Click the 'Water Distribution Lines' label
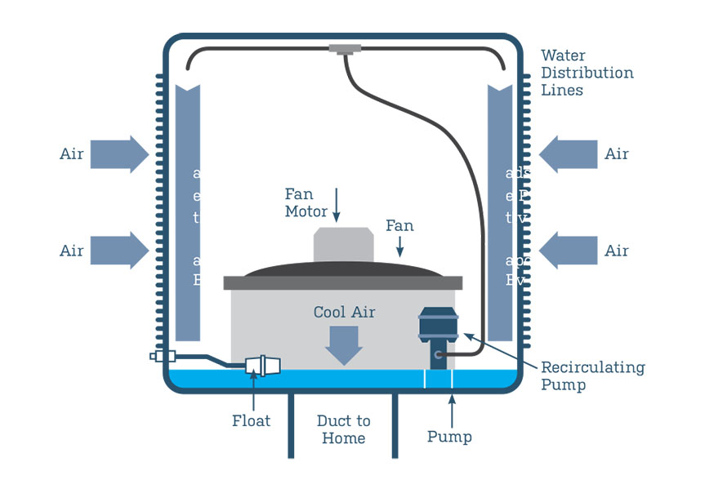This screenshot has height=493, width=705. (587, 73)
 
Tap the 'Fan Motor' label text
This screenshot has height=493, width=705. (306, 202)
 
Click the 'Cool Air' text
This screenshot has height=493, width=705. (344, 313)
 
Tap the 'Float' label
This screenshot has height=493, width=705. (251, 421)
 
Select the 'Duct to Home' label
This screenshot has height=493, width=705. (344, 429)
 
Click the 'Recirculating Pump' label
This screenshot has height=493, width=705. (592, 375)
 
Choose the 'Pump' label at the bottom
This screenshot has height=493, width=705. (449, 437)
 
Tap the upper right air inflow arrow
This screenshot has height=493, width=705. (569, 153)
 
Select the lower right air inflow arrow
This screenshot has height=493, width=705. (569, 250)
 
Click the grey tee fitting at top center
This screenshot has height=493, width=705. (345, 49)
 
